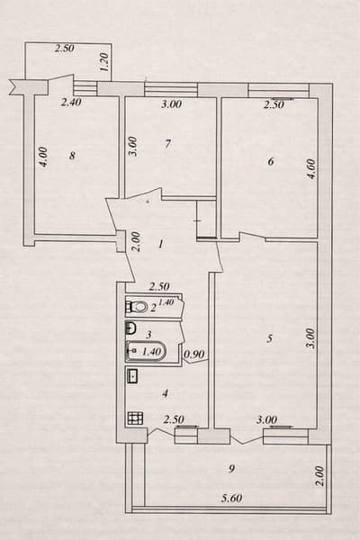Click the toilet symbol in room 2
tap(137, 306)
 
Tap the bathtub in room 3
tap(146, 351)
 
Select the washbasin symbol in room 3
tap(130, 328)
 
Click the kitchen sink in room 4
tap(132, 375)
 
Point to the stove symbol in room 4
tap(135, 418)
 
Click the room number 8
tap(72, 156)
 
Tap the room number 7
tap(167, 144)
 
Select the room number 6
tap(271, 161)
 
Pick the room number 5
tap(270, 339)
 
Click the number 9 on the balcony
tap(232, 468)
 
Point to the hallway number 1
tap(161, 245)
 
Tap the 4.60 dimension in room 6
tap(311, 169)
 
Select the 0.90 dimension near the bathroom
tap(194, 354)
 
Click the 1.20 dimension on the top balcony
tap(104, 62)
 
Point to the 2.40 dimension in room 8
tap(71, 102)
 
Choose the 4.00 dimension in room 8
tap(43, 157)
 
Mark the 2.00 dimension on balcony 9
tap(320, 476)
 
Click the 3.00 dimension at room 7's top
tap(171, 103)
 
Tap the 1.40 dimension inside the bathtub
tap(151, 352)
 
